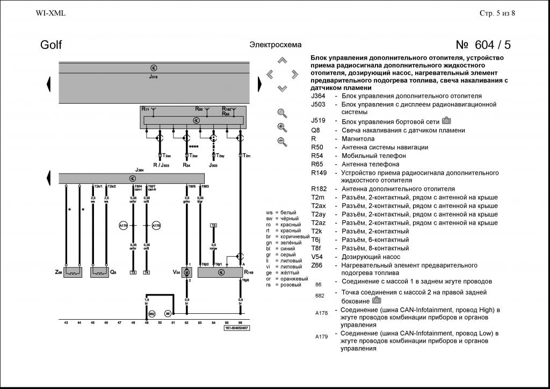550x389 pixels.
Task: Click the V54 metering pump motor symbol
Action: [187, 272]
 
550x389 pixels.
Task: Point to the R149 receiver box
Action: [220, 272]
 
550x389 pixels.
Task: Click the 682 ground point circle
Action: [152, 313]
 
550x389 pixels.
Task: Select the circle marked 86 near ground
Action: [168, 313]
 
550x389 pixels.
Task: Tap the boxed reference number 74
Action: [147, 272]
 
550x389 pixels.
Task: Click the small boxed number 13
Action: [213, 225]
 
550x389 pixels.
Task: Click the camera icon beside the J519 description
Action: [446, 120]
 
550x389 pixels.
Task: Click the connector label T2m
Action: [247, 155]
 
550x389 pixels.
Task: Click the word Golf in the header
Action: [51, 45]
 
